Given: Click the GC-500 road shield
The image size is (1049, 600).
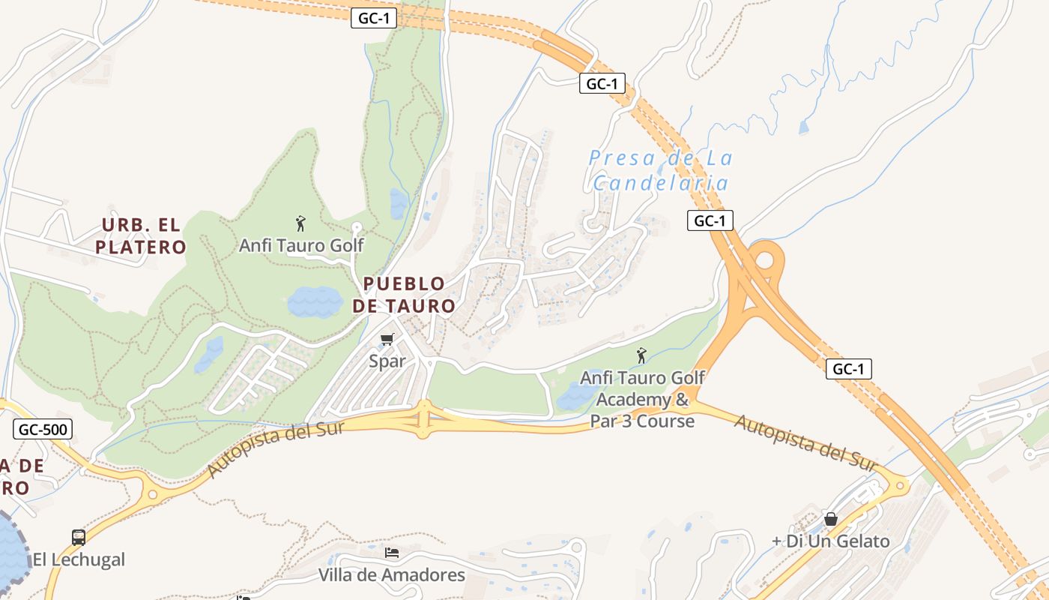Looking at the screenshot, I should coord(43,430).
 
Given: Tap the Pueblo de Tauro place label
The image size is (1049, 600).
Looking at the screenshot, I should coord(404,295).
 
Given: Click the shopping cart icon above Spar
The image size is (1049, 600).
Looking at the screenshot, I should coord(387,340).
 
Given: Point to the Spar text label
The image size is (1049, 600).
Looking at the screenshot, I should coord(387,361).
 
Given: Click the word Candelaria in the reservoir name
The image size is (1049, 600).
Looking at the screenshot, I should coord(660,183).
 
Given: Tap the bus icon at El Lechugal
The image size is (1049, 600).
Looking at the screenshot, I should coord(79,537).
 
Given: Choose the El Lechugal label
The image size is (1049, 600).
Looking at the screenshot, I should coord(79,559).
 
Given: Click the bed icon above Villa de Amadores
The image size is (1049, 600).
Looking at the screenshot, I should coord(392,553).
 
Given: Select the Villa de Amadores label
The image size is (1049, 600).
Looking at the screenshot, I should coord(392,575).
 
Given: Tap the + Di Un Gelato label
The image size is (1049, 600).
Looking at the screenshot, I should coord(832,541).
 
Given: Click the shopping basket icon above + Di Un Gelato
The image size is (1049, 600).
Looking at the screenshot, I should coord(830,519).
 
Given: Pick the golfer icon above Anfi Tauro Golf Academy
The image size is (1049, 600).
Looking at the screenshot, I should coord(641,355).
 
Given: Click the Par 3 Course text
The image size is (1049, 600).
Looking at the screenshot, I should coord(642,421).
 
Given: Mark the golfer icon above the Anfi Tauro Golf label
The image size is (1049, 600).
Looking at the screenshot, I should coord(300,223).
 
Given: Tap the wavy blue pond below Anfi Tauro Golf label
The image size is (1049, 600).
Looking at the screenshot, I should coord(315,301).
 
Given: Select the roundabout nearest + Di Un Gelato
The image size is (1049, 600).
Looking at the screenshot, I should coord(898,484).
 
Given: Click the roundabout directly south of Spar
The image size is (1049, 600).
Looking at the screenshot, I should coord(423,419).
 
